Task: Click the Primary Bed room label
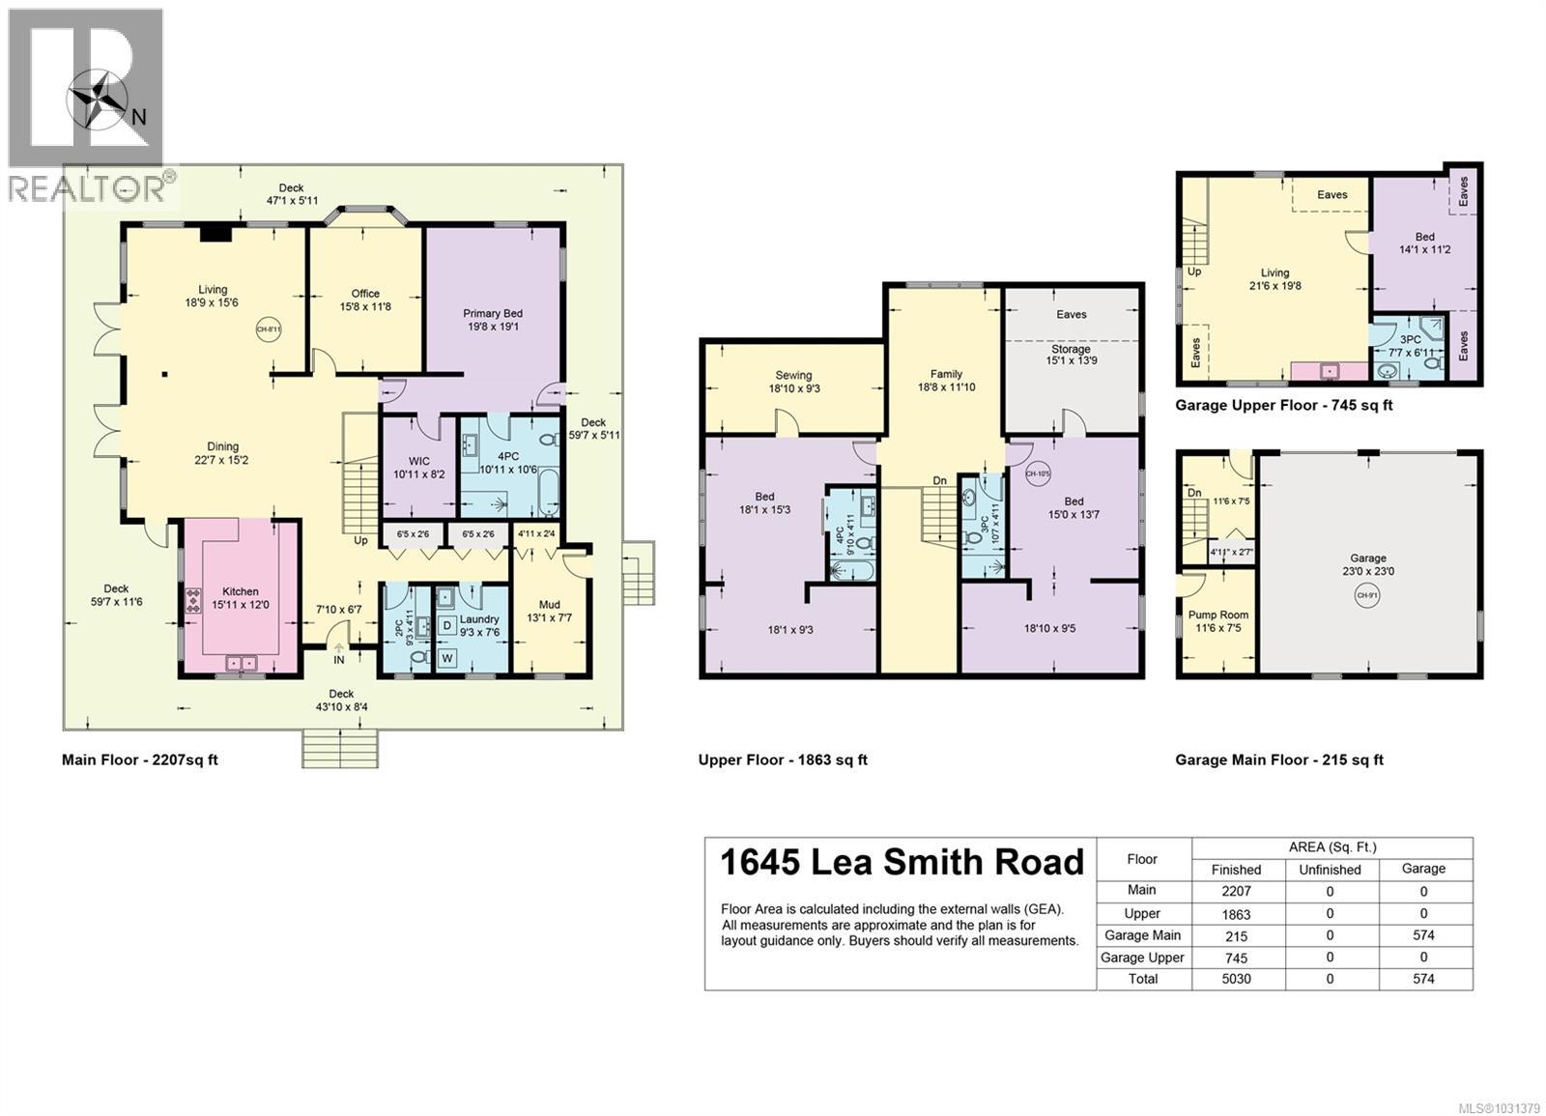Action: (493, 313)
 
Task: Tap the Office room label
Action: (365, 294)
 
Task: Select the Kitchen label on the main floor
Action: (241, 591)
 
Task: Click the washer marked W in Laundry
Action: (447, 658)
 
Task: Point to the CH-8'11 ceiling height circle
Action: (269, 329)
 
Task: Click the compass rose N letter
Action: (139, 117)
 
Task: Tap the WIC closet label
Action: (418, 461)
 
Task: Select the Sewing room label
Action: (793, 375)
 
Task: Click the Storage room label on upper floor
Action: (1070, 349)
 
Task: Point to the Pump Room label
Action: (1218, 615)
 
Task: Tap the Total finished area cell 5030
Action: (1236, 979)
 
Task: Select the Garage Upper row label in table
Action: (1142, 958)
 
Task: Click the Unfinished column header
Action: (1330, 869)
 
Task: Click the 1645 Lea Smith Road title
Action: (902, 862)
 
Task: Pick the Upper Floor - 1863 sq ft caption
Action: (783, 759)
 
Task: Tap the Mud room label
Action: (550, 605)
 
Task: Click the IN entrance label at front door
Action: (339, 660)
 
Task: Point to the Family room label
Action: (946, 374)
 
